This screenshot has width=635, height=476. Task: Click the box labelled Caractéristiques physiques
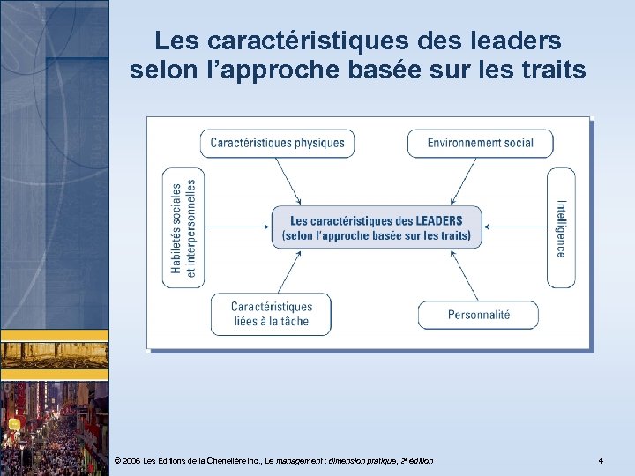click(x=278, y=143)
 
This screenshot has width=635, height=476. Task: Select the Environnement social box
click(x=480, y=143)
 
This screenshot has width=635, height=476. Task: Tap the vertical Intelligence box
click(x=561, y=228)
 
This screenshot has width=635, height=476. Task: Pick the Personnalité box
click(x=478, y=315)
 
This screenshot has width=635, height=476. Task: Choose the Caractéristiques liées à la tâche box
click(x=271, y=314)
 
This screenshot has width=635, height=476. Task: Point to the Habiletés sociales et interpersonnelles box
click(x=183, y=228)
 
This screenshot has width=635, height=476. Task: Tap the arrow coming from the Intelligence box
click(x=516, y=228)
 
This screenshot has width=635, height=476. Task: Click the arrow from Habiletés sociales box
click(x=237, y=228)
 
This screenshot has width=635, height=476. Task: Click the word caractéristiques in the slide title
click(x=292, y=41)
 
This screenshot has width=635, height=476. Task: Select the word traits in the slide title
click(x=551, y=70)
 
